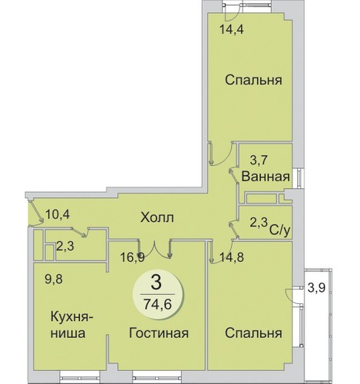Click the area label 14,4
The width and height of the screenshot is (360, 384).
click(232, 29)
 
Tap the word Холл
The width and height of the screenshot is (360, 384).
click(157, 218)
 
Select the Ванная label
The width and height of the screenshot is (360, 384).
click(266, 177)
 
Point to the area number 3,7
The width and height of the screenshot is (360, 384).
click(259, 161)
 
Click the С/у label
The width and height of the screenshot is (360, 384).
click(279, 230)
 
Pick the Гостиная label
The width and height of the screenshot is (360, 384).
click(159, 333)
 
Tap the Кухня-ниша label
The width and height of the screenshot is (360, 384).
click(72, 325)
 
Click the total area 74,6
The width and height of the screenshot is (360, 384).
click(157, 304)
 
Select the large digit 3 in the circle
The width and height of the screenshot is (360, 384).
click(156, 283)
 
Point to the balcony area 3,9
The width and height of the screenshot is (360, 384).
click(316, 288)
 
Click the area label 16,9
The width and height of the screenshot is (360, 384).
click(133, 257)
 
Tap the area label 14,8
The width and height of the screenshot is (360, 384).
click(232, 257)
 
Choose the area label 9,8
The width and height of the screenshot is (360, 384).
click(54, 279)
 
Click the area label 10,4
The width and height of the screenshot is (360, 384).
click(58, 214)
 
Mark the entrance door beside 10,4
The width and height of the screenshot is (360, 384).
click(35, 214)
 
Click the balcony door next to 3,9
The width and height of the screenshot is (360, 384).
click(294, 296)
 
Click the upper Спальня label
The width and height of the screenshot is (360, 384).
click(253, 81)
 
